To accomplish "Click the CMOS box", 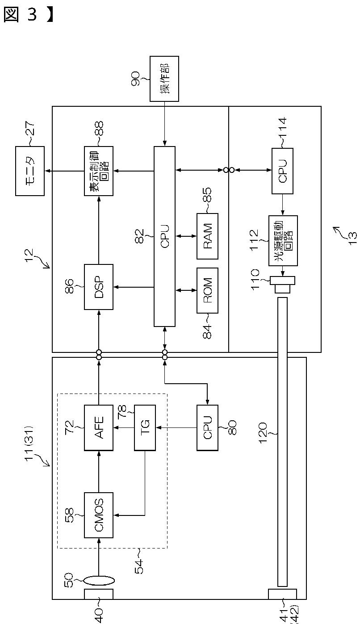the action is tap(99, 515).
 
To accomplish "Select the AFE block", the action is tap(99, 427).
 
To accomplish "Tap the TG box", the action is tap(145, 427).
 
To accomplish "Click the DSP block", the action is tap(99, 287).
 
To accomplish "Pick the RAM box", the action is tap(207, 236).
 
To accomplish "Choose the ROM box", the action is tap(207, 290).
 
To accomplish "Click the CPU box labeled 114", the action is tap(282, 171).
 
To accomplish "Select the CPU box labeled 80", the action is tap(207, 427).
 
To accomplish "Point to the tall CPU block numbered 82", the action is tap(164, 236).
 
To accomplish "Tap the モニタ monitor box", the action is tap(30, 171).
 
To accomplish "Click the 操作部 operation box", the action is tap(164, 79).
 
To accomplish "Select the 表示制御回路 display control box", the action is tap(99, 171).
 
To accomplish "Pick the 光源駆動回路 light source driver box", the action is tap(283, 241).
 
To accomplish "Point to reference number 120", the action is tap(263, 433).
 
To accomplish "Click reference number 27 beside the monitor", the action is tap(30, 129).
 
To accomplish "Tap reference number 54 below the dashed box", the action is tap(139, 566).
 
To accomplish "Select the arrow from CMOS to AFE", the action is tap(99, 472).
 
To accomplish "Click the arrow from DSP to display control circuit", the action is tap(99, 230).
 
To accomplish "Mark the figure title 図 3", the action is tap(28, 14).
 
